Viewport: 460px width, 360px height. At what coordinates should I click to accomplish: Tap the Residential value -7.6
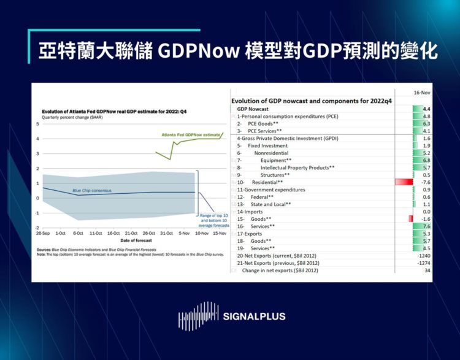pos(425,182)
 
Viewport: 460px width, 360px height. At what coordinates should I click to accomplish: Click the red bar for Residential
pos(404,182)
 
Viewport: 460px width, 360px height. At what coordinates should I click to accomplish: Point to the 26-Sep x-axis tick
pos(42,234)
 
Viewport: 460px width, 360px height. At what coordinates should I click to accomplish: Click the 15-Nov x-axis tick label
pos(219,234)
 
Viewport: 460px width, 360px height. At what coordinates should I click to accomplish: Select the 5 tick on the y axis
pos(37,124)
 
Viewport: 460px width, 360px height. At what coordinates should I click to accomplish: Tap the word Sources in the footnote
pos(44,250)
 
